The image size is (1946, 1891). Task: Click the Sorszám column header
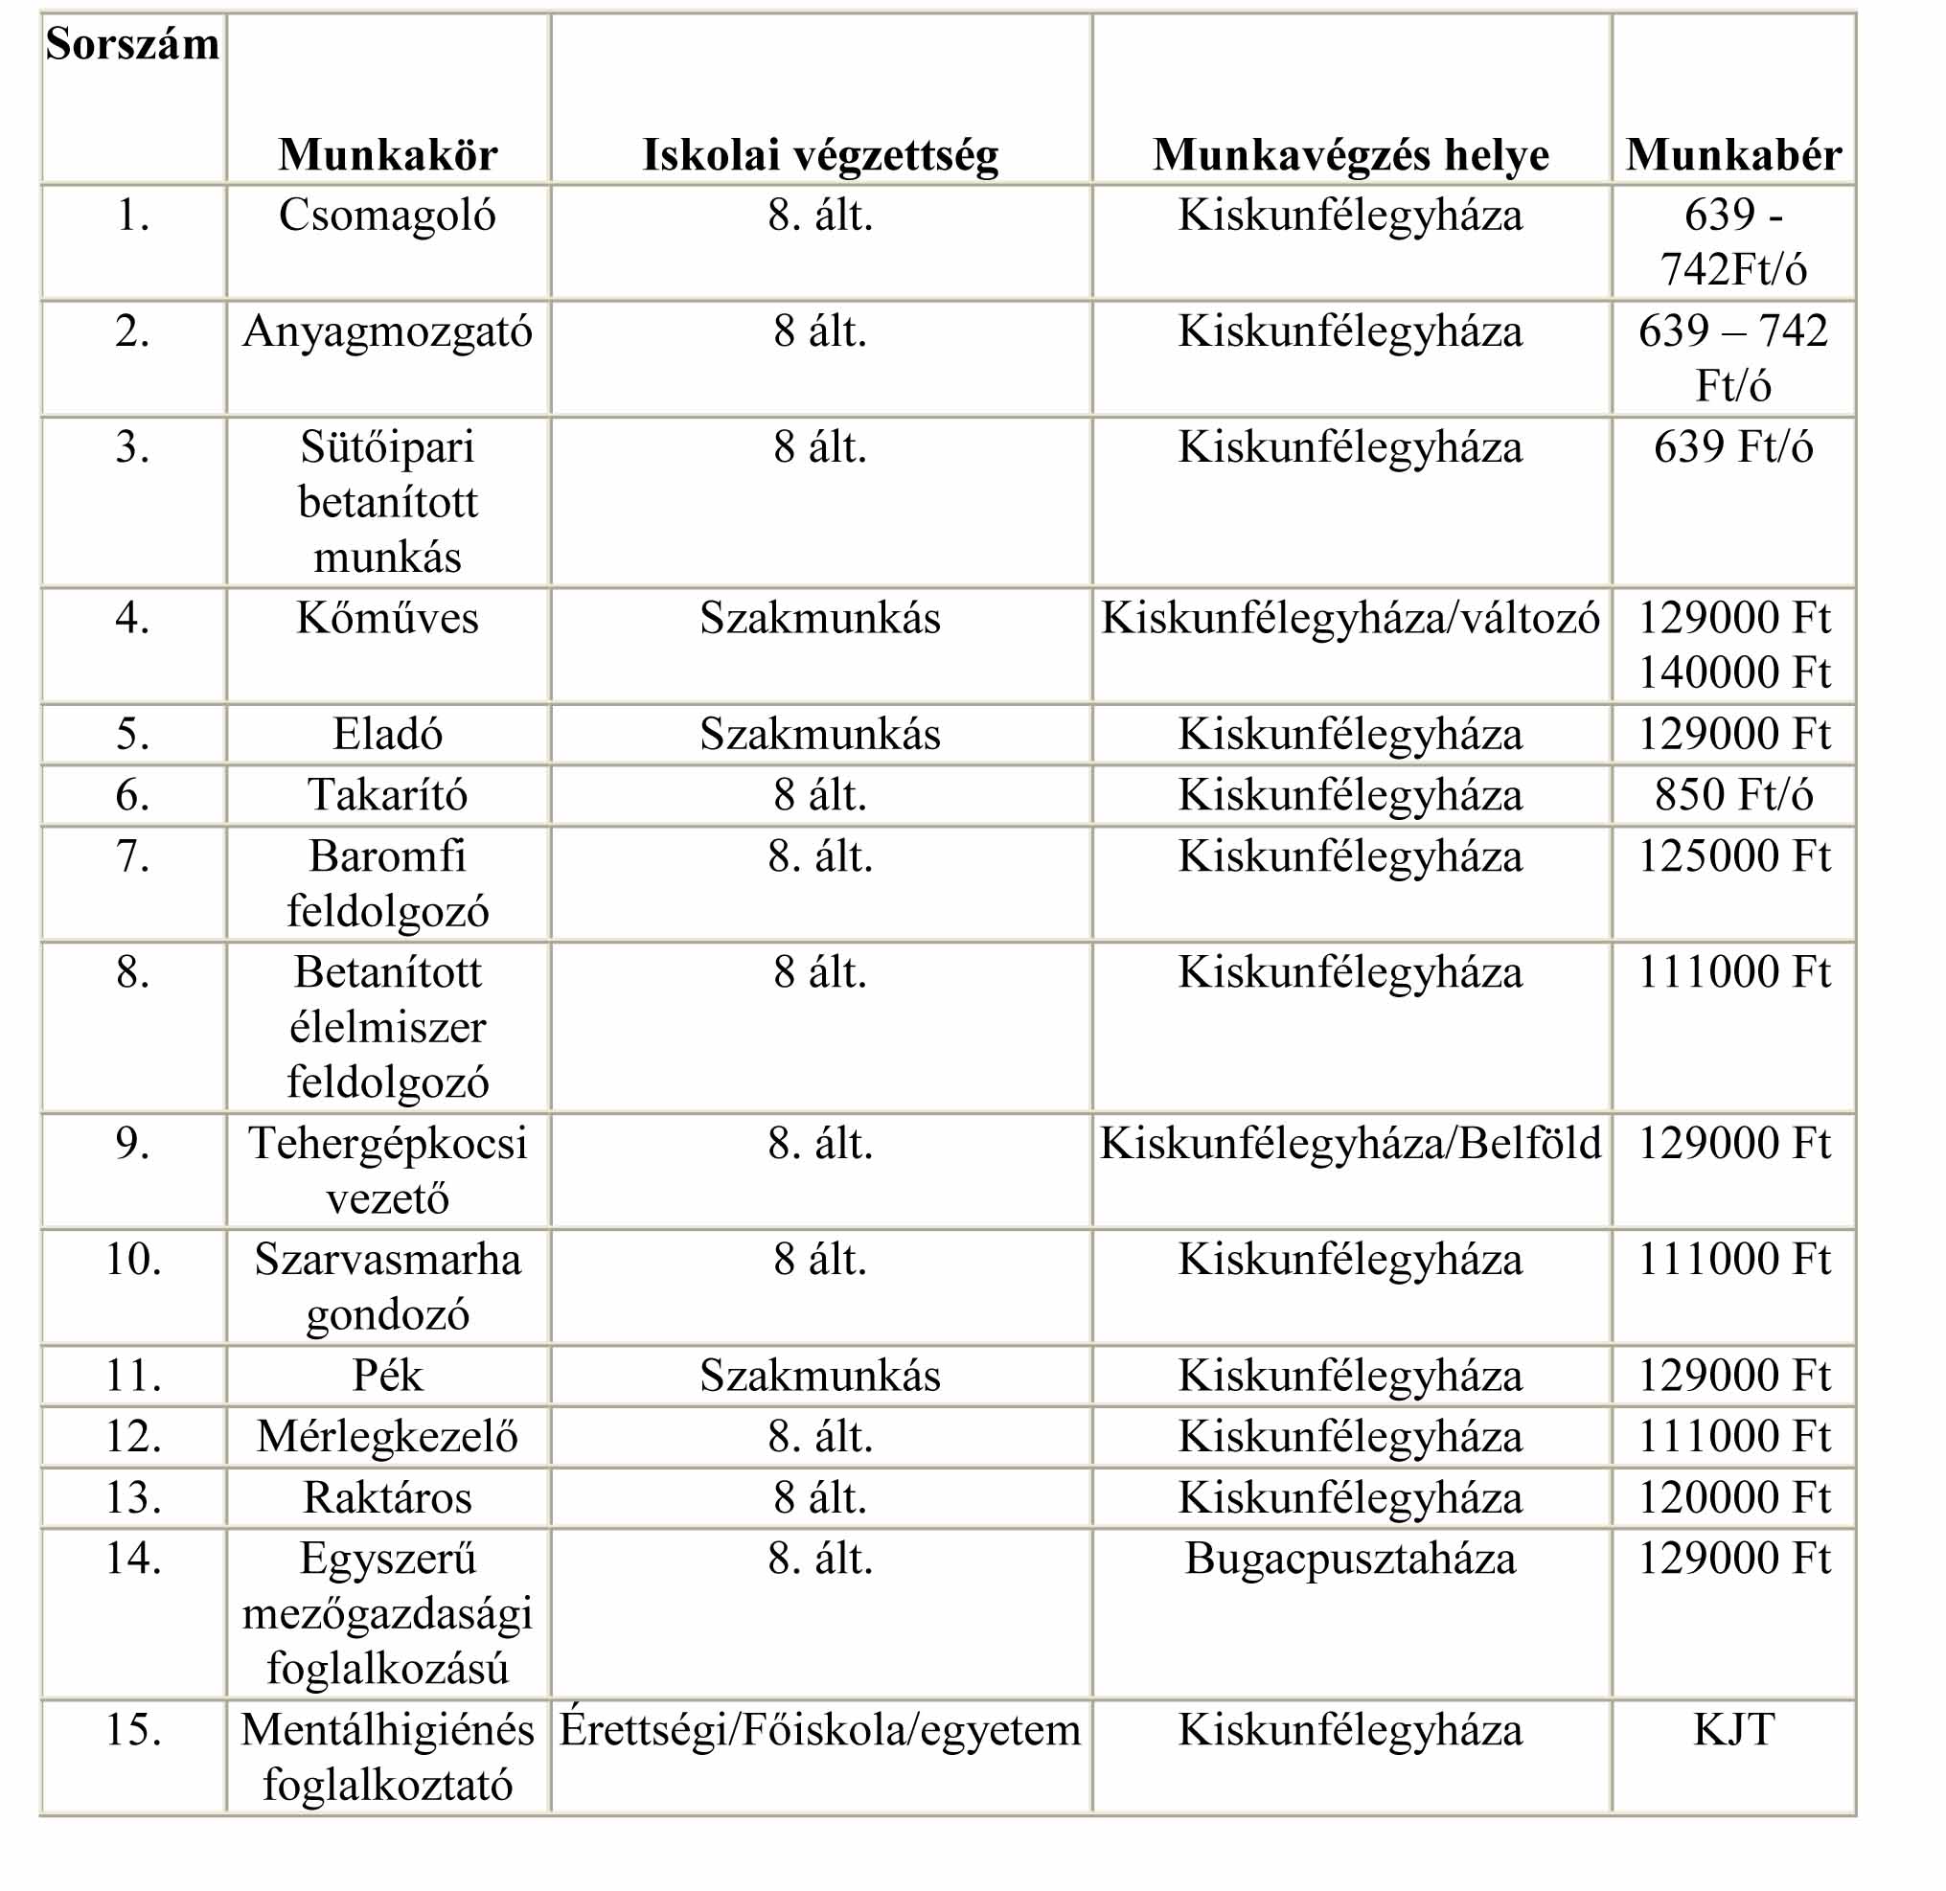tap(132, 45)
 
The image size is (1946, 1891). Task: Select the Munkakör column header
tap(387, 155)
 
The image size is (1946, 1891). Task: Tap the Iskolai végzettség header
tap(819, 155)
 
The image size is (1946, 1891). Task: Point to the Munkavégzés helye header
tap(1350, 155)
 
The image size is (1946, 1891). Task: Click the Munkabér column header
tap(1732, 155)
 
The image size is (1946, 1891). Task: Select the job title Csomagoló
tap(387, 216)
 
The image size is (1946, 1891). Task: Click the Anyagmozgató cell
tap(387, 331)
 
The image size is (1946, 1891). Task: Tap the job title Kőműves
tap(387, 619)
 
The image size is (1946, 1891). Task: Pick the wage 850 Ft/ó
tap(1732, 794)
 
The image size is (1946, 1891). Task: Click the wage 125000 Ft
tap(1732, 856)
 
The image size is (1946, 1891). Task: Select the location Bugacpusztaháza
tap(1350, 1559)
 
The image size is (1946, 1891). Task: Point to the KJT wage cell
tap(1732, 1729)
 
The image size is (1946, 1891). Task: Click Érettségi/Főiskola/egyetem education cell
tap(819, 1729)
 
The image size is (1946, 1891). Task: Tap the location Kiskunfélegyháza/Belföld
tap(1350, 1143)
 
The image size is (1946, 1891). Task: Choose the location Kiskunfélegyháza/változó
tap(1350, 619)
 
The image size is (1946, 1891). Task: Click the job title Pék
tap(387, 1376)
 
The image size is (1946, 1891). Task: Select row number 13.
tap(132, 1497)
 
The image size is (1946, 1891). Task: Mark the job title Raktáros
tap(387, 1497)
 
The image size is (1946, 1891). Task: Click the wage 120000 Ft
tap(1732, 1497)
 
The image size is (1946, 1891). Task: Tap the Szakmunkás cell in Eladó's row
tap(819, 735)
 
